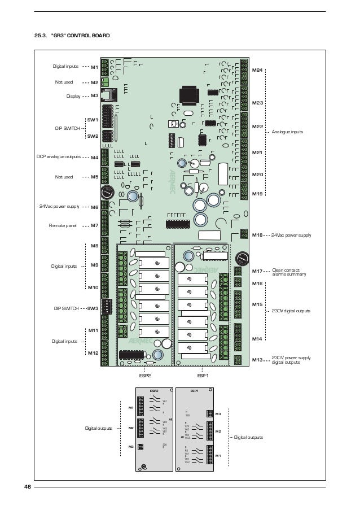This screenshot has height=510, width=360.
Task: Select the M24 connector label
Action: [x=257, y=69]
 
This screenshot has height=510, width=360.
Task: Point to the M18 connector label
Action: [x=257, y=234]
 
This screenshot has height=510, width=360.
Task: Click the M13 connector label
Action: [x=257, y=359]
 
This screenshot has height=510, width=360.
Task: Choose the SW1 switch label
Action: [x=93, y=120]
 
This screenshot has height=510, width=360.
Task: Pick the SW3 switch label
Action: [x=93, y=309]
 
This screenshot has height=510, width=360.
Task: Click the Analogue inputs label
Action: [x=287, y=132]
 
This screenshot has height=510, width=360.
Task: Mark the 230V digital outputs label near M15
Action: [x=291, y=311]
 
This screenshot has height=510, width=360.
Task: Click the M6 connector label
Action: [x=94, y=207]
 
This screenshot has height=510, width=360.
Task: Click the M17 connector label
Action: [x=257, y=271]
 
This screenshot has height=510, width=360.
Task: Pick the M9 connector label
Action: [x=94, y=265]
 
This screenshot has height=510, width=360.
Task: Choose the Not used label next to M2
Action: [x=64, y=82]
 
